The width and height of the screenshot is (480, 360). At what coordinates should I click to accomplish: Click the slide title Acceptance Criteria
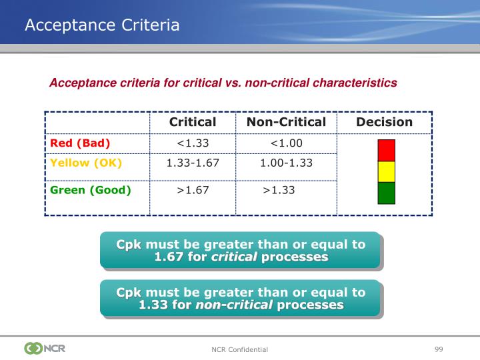click(102, 25)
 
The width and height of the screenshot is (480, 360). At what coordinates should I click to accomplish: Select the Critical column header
click(193, 122)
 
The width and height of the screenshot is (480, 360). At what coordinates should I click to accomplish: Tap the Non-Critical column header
click(286, 122)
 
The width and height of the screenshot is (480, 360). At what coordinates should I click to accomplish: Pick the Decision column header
click(385, 122)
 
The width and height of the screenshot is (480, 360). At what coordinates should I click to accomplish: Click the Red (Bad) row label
click(80, 143)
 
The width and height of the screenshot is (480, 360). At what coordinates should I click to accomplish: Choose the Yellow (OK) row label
click(86, 163)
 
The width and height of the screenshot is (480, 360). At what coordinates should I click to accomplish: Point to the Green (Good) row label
click(91, 190)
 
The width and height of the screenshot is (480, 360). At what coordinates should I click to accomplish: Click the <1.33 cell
click(193, 143)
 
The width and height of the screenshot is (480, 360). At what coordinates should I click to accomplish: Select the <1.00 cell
click(286, 143)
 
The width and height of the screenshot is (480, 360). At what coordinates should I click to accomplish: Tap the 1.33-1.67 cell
click(193, 163)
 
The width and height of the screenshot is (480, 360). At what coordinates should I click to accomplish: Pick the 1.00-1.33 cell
click(286, 163)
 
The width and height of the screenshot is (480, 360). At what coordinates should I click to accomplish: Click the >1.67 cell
click(193, 190)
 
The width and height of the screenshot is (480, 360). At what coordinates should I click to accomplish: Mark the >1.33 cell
click(279, 190)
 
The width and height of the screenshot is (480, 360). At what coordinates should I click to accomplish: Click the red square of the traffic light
click(386, 150)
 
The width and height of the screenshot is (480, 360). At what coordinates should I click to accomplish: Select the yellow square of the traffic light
click(386, 171)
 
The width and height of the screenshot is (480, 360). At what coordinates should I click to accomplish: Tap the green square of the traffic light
click(386, 193)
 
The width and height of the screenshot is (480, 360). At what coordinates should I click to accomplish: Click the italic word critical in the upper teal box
click(234, 257)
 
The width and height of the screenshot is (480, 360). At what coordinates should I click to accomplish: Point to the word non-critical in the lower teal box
click(234, 305)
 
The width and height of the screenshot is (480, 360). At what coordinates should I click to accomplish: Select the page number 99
click(439, 349)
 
